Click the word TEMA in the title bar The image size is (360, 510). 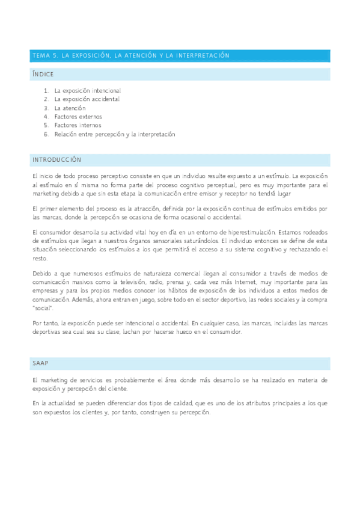click(x=40, y=55)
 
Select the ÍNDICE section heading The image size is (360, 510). click(x=43, y=74)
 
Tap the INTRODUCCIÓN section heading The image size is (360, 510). click(x=56, y=160)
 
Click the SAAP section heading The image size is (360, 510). click(x=40, y=363)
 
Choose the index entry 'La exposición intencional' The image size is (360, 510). click(x=87, y=90)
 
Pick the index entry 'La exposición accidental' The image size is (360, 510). click(x=87, y=99)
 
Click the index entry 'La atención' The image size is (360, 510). click(x=70, y=108)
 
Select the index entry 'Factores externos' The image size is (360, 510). click(x=78, y=117)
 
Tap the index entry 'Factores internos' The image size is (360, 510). click(x=78, y=125)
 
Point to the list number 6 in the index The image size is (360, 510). click(x=46, y=134)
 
